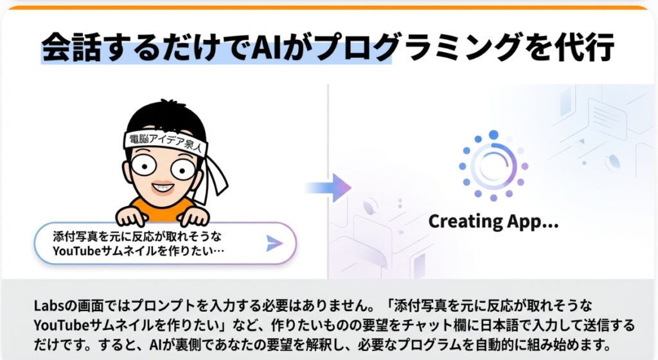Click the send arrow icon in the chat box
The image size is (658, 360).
(x=274, y=244)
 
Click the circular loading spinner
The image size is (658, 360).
(x=493, y=166)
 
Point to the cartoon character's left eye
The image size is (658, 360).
(x=144, y=165)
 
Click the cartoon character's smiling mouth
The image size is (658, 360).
(x=163, y=187)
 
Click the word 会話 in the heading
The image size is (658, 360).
(x=71, y=46)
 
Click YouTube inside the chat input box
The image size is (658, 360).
(x=77, y=251)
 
